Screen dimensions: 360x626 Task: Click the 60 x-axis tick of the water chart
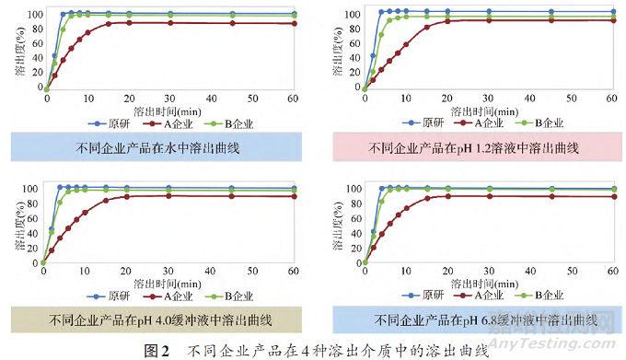coord(295,99)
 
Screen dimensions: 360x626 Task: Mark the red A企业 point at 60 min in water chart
coord(295,24)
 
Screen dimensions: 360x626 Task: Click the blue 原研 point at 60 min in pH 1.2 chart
coord(611,12)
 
